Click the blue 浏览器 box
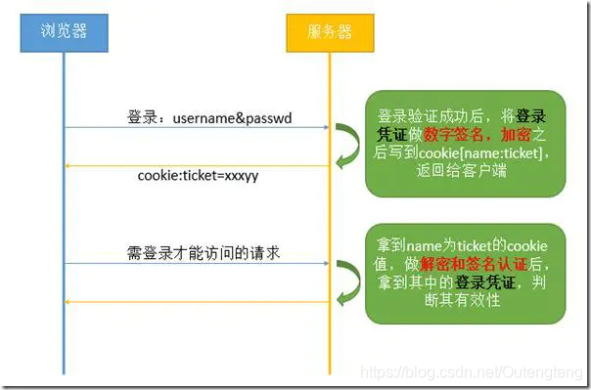tap(65, 32)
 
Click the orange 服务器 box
tap(330, 32)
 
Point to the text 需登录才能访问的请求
tap(197, 253)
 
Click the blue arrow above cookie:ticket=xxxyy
tap(196, 128)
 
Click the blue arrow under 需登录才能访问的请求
tap(196, 264)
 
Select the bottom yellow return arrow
tap(196, 301)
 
